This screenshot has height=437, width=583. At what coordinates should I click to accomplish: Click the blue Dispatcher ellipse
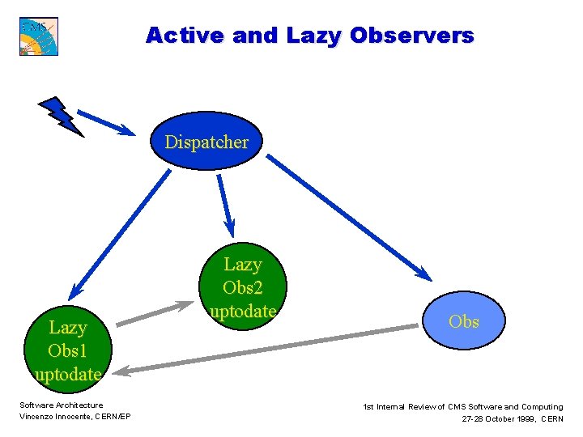click(x=206, y=142)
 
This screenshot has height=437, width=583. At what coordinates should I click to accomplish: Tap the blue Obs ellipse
click(x=464, y=321)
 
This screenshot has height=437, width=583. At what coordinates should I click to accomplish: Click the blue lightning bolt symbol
click(x=61, y=116)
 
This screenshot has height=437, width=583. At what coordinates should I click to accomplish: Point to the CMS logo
click(x=39, y=36)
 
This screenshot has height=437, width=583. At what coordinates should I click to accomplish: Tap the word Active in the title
click(x=184, y=36)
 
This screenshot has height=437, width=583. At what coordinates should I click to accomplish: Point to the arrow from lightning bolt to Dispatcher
click(x=106, y=121)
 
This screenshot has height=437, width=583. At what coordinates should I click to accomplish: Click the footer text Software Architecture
click(x=62, y=405)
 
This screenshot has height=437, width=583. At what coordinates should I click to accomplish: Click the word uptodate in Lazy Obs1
click(x=68, y=374)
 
